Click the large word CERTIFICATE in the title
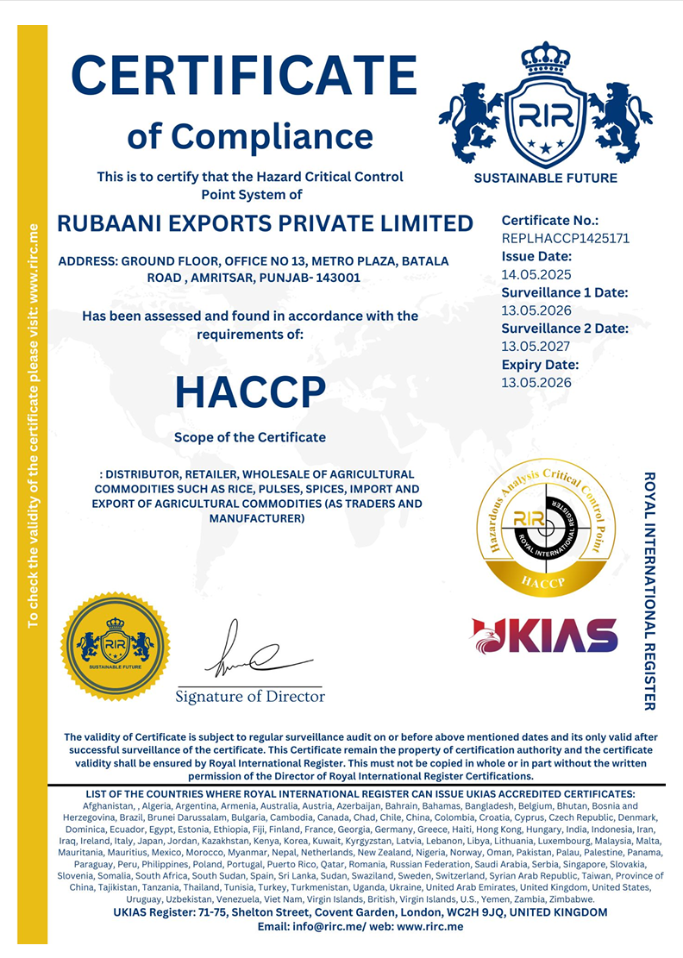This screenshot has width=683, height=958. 244,76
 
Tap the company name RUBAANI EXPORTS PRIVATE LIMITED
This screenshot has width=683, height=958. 265,223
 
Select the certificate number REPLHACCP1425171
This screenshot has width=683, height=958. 565,238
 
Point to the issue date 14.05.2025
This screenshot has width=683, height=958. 536,274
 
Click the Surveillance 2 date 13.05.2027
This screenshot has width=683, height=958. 536,347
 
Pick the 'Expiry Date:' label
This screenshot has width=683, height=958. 540,365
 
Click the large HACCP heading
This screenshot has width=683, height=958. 250,392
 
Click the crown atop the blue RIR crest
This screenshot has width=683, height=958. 546,59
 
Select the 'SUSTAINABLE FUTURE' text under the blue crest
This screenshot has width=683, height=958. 546,178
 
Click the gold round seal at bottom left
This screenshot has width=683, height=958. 114,646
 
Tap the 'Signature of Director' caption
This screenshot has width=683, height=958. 250,696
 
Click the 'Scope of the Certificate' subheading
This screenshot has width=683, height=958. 250,437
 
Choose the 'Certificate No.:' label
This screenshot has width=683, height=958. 549,221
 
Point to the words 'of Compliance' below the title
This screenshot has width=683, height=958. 250,135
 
